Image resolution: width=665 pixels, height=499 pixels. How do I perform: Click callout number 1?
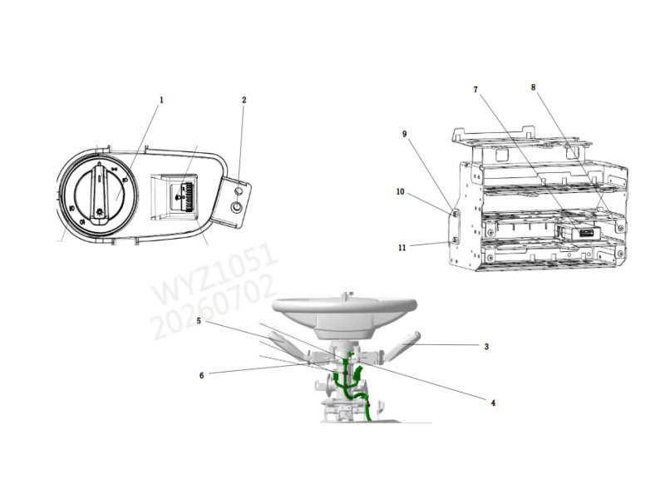coord(161,100)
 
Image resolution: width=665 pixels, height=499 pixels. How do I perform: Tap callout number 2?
coord(244,100)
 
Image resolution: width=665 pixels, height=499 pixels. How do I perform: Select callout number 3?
coord(486,347)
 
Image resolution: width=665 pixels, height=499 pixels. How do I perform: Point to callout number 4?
coord(493,403)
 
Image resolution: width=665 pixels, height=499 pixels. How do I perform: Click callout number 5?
coord(199,321)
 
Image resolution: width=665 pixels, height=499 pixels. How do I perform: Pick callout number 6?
coord(201,376)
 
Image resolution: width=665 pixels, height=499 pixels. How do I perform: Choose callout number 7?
coord(475,90)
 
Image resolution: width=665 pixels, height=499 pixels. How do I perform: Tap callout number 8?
coord(533,87)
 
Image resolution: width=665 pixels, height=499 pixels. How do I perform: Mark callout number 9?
coord(405,134)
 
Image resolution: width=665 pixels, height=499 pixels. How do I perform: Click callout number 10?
coord(401,192)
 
